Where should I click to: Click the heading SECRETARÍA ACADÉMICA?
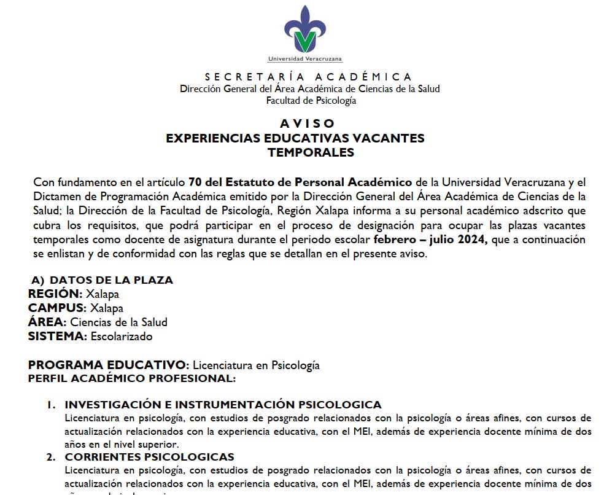[x=308, y=77]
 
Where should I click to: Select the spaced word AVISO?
[x=308, y=123]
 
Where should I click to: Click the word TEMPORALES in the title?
[x=311, y=152]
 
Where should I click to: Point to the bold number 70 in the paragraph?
[x=195, y=182]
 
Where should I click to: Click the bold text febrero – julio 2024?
[x=430, y=240]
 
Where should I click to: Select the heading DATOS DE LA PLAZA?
[x=111, y=280]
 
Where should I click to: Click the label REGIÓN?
[x=55, y=294]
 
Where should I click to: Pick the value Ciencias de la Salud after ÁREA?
[x=118, y=322]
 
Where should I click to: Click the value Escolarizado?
[x=122, y=336]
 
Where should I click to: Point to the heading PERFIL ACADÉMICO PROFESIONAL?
[x=131, y=378]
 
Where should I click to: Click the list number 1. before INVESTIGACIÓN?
[x=53, y=405]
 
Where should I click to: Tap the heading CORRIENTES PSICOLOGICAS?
[x=149, y=457]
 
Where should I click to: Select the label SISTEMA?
[x=57, y=336]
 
